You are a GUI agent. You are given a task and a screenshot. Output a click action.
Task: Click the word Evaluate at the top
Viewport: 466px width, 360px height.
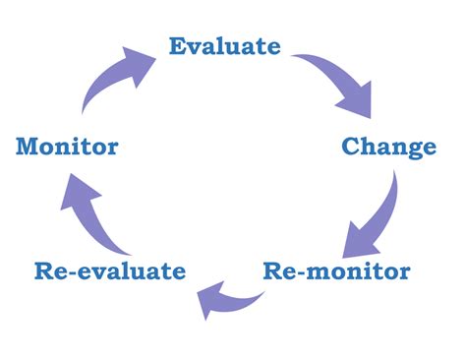click(224, 46)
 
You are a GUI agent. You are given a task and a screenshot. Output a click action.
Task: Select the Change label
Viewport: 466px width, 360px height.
click(388, 148)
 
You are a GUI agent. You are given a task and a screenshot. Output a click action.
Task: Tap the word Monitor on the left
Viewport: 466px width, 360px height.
click(67, 148)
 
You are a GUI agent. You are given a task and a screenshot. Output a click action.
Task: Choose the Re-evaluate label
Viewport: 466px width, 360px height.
click(109, 270)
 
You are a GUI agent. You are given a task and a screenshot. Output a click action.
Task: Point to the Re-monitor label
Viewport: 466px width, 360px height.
click(336, 270)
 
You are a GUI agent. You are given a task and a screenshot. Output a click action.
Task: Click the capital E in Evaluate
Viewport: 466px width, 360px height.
click(178, 46)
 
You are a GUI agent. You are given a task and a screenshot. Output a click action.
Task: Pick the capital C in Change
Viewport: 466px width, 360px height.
click(351, 148)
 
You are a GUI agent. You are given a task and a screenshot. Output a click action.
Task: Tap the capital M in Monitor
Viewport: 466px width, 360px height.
click(28, 148)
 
